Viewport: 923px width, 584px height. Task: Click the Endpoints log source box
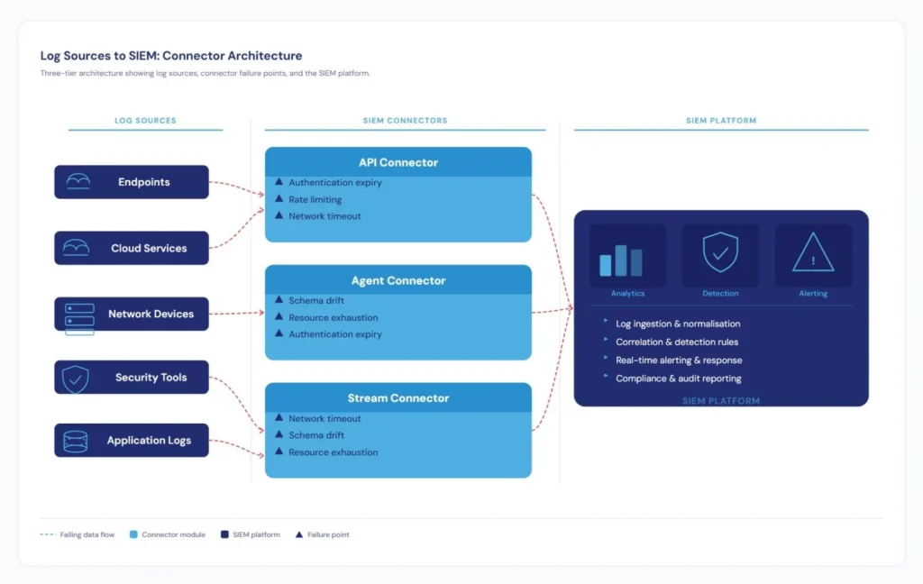coord(132,182)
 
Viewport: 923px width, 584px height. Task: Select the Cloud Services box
coord(132,248)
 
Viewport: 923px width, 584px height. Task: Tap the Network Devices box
coord(132,314)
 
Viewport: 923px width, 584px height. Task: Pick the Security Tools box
coord(132,378)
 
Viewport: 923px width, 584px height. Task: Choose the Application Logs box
coord(132,441)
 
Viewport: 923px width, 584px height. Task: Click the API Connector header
coord(398,162)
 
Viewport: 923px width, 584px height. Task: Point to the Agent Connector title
coord(398,280)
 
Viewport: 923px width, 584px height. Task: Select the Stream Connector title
coord(398,397)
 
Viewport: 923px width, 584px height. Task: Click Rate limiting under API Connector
coord(315,199)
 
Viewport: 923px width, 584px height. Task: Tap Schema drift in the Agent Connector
coord(315,300)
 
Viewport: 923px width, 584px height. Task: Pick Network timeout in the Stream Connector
coord(324,418)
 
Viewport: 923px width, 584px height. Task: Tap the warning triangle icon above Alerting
coord(813,253)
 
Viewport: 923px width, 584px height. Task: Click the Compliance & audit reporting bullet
coord(678,379)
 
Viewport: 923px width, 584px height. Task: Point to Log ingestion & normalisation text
coord(677,324)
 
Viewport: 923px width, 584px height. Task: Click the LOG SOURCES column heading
coord(145,121)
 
